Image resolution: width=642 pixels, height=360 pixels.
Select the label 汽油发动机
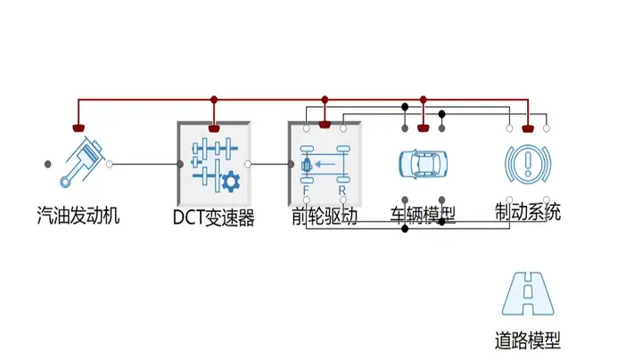click(78, 215)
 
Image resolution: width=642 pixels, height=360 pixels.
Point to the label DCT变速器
click(214, 217)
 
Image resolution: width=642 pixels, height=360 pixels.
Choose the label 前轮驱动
click(325, 216)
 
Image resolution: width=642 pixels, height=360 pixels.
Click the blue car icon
click(424, 164)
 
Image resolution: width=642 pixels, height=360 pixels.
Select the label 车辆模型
click(424, 216)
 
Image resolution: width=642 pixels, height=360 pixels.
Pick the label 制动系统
click(528, 213)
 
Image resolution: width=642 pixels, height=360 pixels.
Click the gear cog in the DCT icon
click(230, 181)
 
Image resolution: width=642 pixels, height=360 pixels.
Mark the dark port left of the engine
click(48, 164)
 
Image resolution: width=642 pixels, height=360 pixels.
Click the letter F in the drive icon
click(307, 190)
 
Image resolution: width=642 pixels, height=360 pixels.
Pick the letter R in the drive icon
click(342, 190)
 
